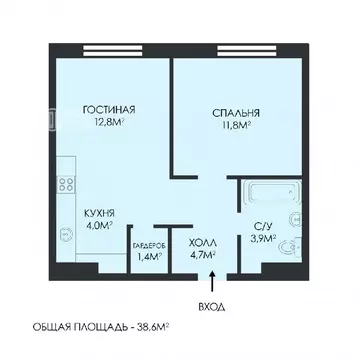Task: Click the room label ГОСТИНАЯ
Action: tap(107, 110)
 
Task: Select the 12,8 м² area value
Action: tap(107, 124)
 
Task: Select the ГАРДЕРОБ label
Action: tap(149, 244)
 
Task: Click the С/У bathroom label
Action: tap(263, 227)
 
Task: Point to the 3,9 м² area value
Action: tap(263, 241)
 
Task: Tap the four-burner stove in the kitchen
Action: tap(68, 185)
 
